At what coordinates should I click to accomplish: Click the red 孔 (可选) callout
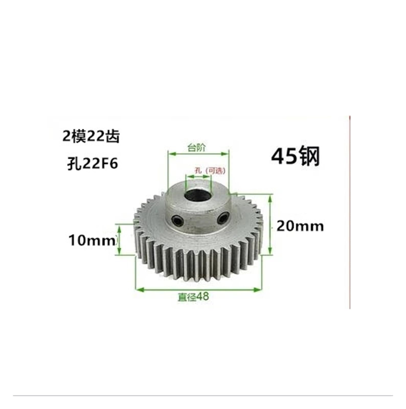click(210, 171)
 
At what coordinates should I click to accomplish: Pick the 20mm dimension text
click(300, 226)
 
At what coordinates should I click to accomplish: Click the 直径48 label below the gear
click(193, 297)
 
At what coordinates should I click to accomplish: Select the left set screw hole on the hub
click(177, 220)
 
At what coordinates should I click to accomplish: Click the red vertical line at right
click(350, 212)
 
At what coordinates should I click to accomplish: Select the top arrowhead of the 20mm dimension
click(270, 197)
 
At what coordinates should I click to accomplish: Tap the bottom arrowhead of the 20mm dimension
click(270, 251)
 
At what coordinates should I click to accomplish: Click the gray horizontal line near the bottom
click(203, 395)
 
